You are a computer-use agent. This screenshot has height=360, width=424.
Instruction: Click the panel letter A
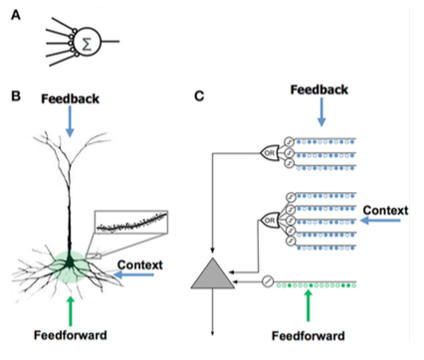click(16, 15)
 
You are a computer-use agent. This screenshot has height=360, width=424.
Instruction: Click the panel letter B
click(16, 96)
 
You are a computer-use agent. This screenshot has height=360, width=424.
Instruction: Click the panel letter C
click(199, 96)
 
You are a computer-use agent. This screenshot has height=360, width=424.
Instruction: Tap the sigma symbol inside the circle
click(87, 44)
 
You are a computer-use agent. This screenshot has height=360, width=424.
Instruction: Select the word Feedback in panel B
click(70, 98)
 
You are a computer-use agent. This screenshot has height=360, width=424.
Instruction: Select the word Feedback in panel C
click(319, 90)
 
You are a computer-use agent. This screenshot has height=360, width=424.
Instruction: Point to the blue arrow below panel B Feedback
click(70, 121)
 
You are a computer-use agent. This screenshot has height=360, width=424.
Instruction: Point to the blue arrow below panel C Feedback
click(321, 112)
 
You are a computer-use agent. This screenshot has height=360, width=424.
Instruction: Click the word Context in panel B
click(140, 265)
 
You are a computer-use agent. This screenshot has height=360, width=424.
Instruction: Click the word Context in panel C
click(385, 210)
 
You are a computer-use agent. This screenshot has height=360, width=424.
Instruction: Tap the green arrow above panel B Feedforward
click(70, 311)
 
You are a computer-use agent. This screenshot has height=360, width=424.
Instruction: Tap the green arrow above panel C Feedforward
click(309, 305)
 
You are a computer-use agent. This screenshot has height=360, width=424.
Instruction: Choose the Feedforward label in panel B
click(71, 335)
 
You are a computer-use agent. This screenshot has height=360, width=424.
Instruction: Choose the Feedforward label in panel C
click(309, 336)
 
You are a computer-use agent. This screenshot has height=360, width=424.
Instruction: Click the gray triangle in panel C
click(213, 275)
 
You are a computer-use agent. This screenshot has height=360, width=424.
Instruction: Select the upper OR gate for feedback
click(270, 153)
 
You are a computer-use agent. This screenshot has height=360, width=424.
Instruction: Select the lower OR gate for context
click(270, 220)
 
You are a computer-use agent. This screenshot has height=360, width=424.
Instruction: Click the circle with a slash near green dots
click(268, 281)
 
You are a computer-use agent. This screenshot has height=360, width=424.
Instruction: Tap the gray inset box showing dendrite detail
click(131, 222)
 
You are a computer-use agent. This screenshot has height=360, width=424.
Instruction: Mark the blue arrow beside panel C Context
click(380, 220)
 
